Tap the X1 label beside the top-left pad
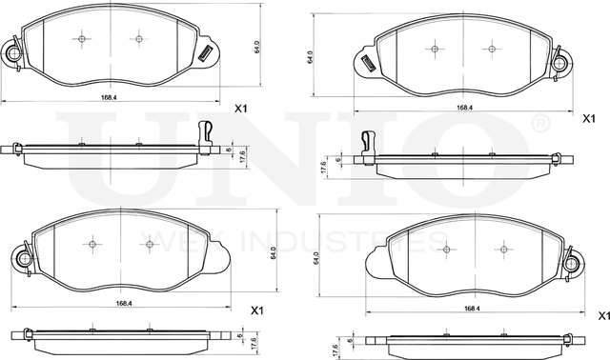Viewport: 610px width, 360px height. coord(241,110)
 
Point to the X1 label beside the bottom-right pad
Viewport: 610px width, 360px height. coord(601,315)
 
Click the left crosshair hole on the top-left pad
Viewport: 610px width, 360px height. coord(82,39)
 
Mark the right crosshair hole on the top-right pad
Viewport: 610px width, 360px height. coord(492,48)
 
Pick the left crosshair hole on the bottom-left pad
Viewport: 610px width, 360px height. coord(91,243)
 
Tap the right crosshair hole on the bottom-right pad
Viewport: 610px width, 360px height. coord(500,251)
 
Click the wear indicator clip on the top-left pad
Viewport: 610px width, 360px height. coord(205,54)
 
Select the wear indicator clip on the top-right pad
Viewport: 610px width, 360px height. coord(368,63)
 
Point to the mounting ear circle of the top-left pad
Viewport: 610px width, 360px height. coord(13,55)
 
